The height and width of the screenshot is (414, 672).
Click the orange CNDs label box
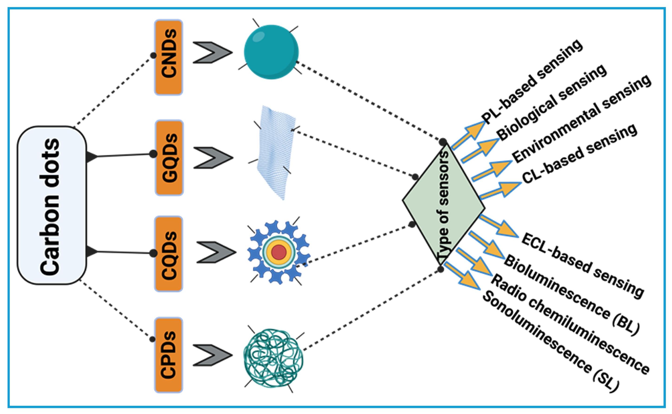pos(169,57)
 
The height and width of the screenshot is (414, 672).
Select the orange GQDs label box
pos(169,157)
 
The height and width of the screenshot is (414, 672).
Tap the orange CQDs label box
pos(168,254)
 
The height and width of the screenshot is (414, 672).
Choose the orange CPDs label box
pos(168,355)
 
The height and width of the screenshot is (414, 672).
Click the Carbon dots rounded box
pos(52,205)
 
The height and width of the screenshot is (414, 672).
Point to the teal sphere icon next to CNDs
pos(271,52)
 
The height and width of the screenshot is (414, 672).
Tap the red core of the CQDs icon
pos(279,252)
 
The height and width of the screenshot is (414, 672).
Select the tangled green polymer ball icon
pos(273,358)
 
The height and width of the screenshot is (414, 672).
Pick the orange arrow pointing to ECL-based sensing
pos(499,226)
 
